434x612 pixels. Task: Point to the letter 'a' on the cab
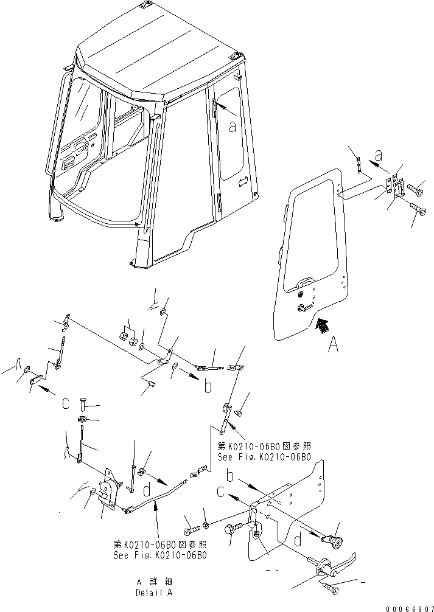click(232, 127)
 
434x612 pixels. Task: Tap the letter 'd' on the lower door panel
click(297, 540)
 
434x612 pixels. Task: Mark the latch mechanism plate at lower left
click(107, 487)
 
